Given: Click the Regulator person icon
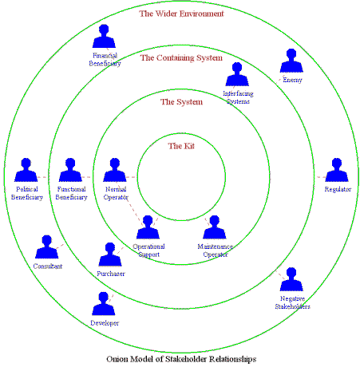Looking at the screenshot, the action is [337, 170].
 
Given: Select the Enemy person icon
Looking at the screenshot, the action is [291, 61].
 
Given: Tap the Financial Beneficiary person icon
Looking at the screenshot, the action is [104, 37].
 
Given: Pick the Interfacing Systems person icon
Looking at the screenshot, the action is [237, 74].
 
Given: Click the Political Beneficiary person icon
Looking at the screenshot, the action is [26, 170].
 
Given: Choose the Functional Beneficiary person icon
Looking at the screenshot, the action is [70, 170].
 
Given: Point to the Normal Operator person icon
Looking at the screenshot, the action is [115, 170].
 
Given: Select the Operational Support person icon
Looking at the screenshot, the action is [148, 227].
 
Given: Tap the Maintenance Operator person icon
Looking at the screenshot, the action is [215, 227].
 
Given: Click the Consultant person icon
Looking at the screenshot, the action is [47, 247].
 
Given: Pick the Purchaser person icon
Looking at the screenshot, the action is [110, 255].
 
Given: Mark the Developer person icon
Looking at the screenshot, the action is [104, 304].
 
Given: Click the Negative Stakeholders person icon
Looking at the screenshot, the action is [291, 279].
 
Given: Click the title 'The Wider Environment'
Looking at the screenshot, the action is [181, 14].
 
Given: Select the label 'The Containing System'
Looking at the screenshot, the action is [181, 57].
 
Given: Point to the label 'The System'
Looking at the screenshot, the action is [181, 102].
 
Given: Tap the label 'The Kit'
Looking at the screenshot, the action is [181, 146].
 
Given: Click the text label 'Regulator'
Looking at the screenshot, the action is [338, 189].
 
